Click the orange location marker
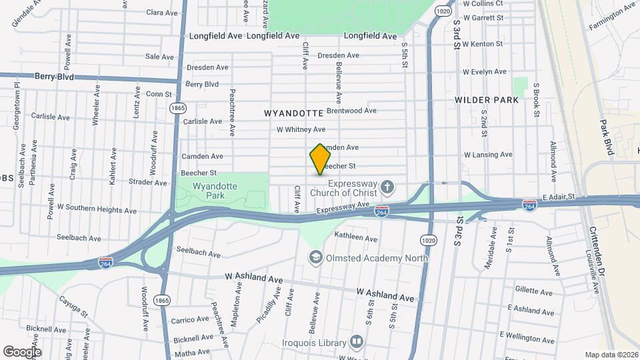point(320,159)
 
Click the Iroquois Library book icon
point(357,343)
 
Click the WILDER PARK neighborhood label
point(486,100)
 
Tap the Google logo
point(22,351)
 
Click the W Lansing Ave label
point(488,155)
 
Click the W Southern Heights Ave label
point(97,209)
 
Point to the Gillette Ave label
point(533,291)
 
